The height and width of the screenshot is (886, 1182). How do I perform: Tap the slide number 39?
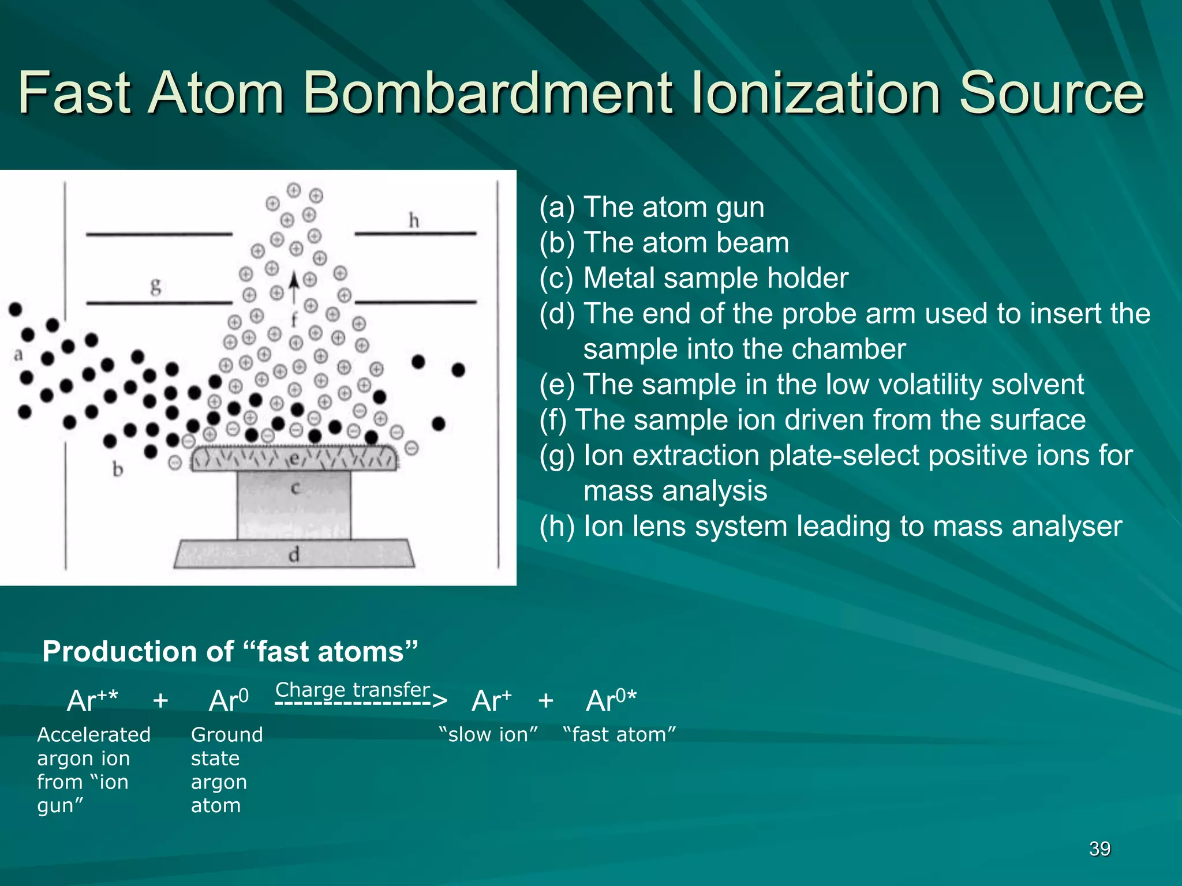[x=1099, y=849]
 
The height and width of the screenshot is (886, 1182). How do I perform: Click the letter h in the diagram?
[x=413, y=220]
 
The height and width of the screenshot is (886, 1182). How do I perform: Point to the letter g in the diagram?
[x=155, y=286]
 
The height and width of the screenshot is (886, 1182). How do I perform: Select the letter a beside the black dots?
[x=18, y=355]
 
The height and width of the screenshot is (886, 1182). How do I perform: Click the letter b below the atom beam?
[x=118, y=470]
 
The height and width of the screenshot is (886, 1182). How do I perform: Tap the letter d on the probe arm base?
[x=294, y=555]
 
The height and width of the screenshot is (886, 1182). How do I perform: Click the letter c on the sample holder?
[x=295, y=489]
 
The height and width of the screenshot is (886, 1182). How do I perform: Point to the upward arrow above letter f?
[x=294, y=286]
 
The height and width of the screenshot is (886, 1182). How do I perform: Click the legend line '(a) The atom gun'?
[x=652, y=207]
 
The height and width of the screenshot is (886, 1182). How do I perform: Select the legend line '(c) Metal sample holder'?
[x=694, y=278]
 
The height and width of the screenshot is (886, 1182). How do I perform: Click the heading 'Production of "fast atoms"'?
[x=230, y=651]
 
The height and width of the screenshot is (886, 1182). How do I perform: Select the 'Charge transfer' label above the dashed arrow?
[x=353, y=689]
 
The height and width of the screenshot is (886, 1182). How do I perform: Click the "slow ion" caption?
[x=488, y=734]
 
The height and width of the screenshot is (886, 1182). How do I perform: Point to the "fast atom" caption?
[x=619, y=734]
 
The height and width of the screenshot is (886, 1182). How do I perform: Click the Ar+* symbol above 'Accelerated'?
[x=92, y=701]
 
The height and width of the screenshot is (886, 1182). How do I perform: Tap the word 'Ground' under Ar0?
[x=227, y=734]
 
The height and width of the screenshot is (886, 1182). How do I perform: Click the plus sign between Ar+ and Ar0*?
[x=545, y=701]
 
